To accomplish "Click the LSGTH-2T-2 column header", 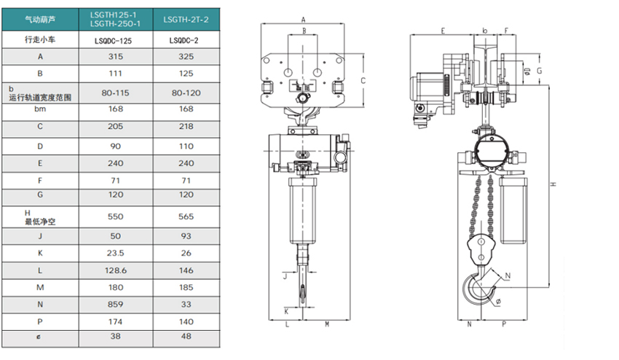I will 186,20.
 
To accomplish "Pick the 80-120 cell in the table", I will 186,93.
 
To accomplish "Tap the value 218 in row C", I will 186,126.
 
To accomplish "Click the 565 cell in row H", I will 186,217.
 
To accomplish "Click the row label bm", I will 40,108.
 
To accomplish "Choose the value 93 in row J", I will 186,236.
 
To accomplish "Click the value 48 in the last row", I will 186,337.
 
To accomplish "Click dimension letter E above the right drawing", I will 443,31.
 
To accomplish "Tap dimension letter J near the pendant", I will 285,275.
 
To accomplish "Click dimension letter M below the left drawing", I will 326,324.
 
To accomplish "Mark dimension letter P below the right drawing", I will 504,324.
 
